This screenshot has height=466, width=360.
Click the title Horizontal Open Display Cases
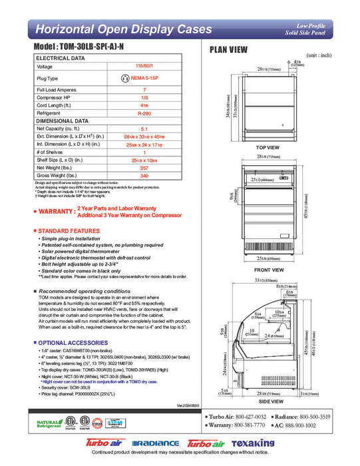click(x=123, y=29)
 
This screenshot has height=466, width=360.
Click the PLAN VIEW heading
click(x=229, y=49)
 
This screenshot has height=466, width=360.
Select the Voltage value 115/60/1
click(x=144, y=67)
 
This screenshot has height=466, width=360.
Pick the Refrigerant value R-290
click(x=144, y=114)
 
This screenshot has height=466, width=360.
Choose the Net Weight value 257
click(x=144, y=168)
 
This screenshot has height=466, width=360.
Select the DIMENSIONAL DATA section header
click(x=63, y=121)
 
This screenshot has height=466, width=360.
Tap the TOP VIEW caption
click(x=267, y=147)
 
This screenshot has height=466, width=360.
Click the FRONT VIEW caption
click(x=267, y=270)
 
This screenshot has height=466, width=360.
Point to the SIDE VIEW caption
click(x=267, y=403)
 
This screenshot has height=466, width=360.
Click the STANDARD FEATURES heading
click(x=69, y=230)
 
